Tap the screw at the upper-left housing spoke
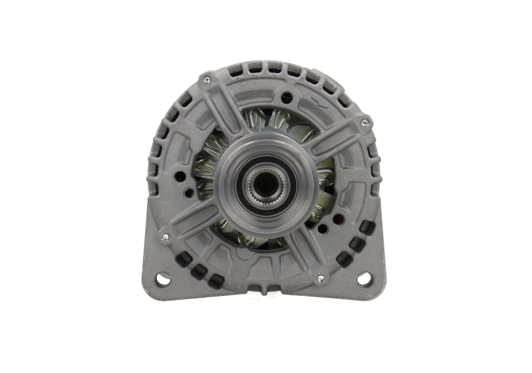(207, 80)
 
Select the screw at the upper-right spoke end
(363, 123)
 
